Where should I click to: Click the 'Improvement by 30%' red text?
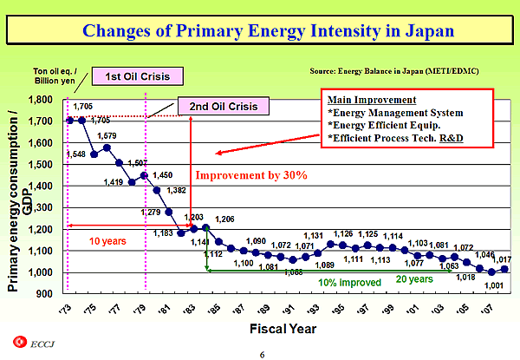coord(251,175)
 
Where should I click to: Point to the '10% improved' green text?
coord(350,283)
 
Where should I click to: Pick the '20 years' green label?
coord(414,278)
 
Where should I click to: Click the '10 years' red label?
coord(108,241)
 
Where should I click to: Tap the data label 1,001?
coord(494,286)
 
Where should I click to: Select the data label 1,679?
coord(107,136)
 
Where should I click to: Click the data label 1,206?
coord(225,219)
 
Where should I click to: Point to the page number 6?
coord(261,354)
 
